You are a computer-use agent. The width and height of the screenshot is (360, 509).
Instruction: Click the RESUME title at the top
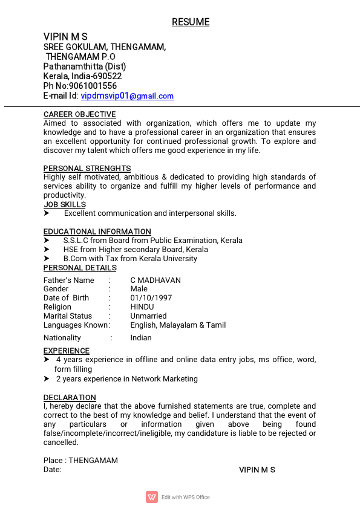point(191,22)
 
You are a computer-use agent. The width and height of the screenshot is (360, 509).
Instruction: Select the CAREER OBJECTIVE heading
point(79,114)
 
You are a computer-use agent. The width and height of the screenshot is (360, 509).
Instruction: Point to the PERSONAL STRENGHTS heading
point(87,168)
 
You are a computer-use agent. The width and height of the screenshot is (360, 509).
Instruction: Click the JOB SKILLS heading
point(65,204)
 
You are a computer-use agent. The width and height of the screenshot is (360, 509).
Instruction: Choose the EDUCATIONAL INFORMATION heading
point(97,232)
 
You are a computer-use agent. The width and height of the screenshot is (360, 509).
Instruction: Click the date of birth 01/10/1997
point(151,298)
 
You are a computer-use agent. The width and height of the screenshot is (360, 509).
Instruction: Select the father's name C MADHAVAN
point(155,280)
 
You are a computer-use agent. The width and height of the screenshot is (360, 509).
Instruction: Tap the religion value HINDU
point(142,307)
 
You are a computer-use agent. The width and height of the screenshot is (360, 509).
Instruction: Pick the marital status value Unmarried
point(148,316)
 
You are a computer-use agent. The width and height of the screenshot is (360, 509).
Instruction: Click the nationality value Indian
point(141,338)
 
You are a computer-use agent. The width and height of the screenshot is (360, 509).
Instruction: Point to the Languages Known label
point(76,325)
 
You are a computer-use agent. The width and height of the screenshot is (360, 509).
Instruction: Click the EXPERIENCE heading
point(66,351)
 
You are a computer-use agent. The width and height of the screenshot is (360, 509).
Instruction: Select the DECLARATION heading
point(70,397)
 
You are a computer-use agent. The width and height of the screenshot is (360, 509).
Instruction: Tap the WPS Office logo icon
point(152,497)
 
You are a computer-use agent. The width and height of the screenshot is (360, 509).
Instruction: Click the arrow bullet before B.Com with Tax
point(47,259)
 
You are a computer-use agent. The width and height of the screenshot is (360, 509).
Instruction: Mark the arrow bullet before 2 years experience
point(47,379)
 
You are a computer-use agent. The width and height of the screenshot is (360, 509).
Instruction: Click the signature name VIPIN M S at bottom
point(257,470)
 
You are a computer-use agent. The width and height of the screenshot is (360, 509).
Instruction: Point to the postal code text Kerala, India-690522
point(82,76)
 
